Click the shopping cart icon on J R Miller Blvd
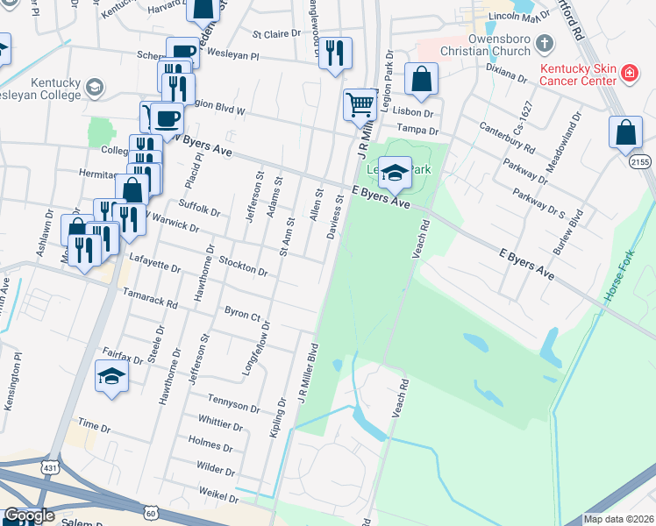click(x=360, y=105)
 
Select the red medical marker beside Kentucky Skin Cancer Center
click(x=628, y=75)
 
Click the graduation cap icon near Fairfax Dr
click(x=111, y=378)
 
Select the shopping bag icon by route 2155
click(x=625, y=132)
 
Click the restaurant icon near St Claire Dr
click(x=335, y=53)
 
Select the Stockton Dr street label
click(x=243, y=267)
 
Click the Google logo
click(x=29, y=516)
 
